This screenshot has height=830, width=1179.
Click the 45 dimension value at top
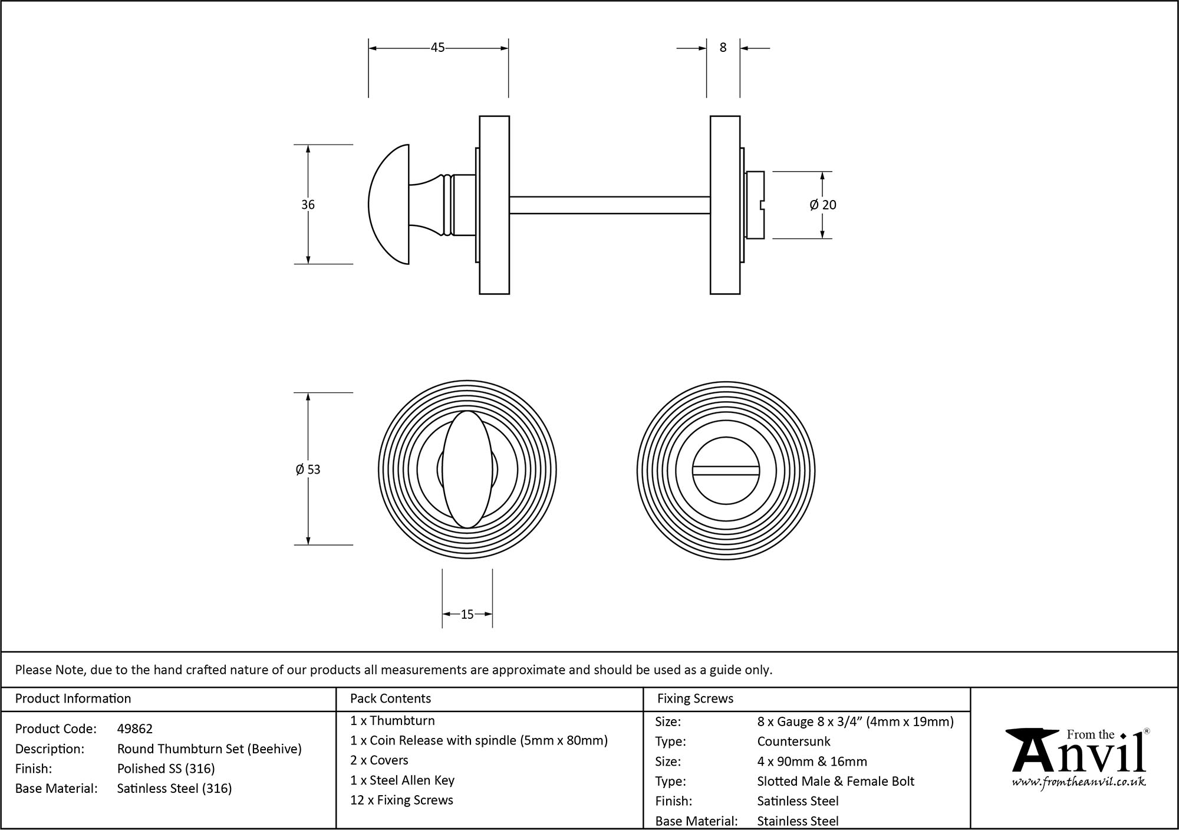pyautogui.click(x=437, y=48)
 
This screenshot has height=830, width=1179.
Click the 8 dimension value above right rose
pyautogui.click(x=723, y=48)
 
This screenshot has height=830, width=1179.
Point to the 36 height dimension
pyautogui.click(x=308, y=205)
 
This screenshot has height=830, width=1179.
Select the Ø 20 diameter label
pyautogui.click(x=823, y=205)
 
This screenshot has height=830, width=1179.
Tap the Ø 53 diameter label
pyautogui.click(x=308, y=470)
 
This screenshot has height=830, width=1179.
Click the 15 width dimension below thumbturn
pyautogui.click(x=467, y=615)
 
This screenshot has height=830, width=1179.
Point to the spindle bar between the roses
pyautogui.click(x=609, y=205)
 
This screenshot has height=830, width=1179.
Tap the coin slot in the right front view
pyautogui.click(x=726, y=470)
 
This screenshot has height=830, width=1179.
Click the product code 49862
pyautogui.click(x=135, y=729)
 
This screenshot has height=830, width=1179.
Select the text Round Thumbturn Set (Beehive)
pyautogui.click(x=209, y=749)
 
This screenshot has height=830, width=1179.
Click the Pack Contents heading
pyautogui.click(x=390, y=698)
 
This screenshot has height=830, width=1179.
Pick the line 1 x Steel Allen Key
pyautogui.click(x=402, y=780)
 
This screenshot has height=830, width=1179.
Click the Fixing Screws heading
pyautogui.click(x=695, y=698)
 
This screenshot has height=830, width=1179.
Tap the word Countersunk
pyautogui.click(x=793, y=742)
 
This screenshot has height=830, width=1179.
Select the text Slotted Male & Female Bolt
pyautogui.click(x=835, y=781)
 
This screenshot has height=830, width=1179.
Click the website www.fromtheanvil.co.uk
pyautogui.click(x=1079, y=782)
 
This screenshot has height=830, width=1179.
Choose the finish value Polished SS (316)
pyautogui.click(x=166, y=769)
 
